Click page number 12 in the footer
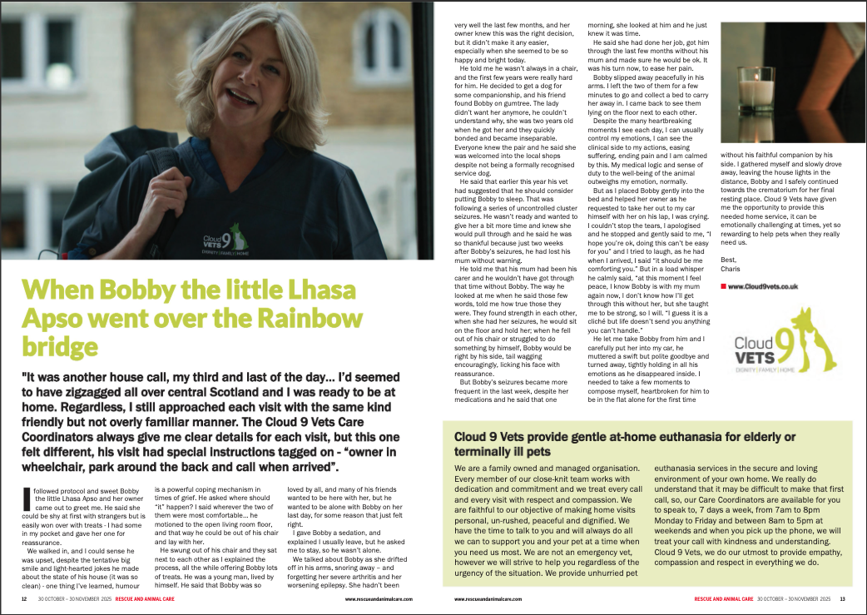[25, 599]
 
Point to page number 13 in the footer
[842, 599]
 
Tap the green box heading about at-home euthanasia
[625, 444]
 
